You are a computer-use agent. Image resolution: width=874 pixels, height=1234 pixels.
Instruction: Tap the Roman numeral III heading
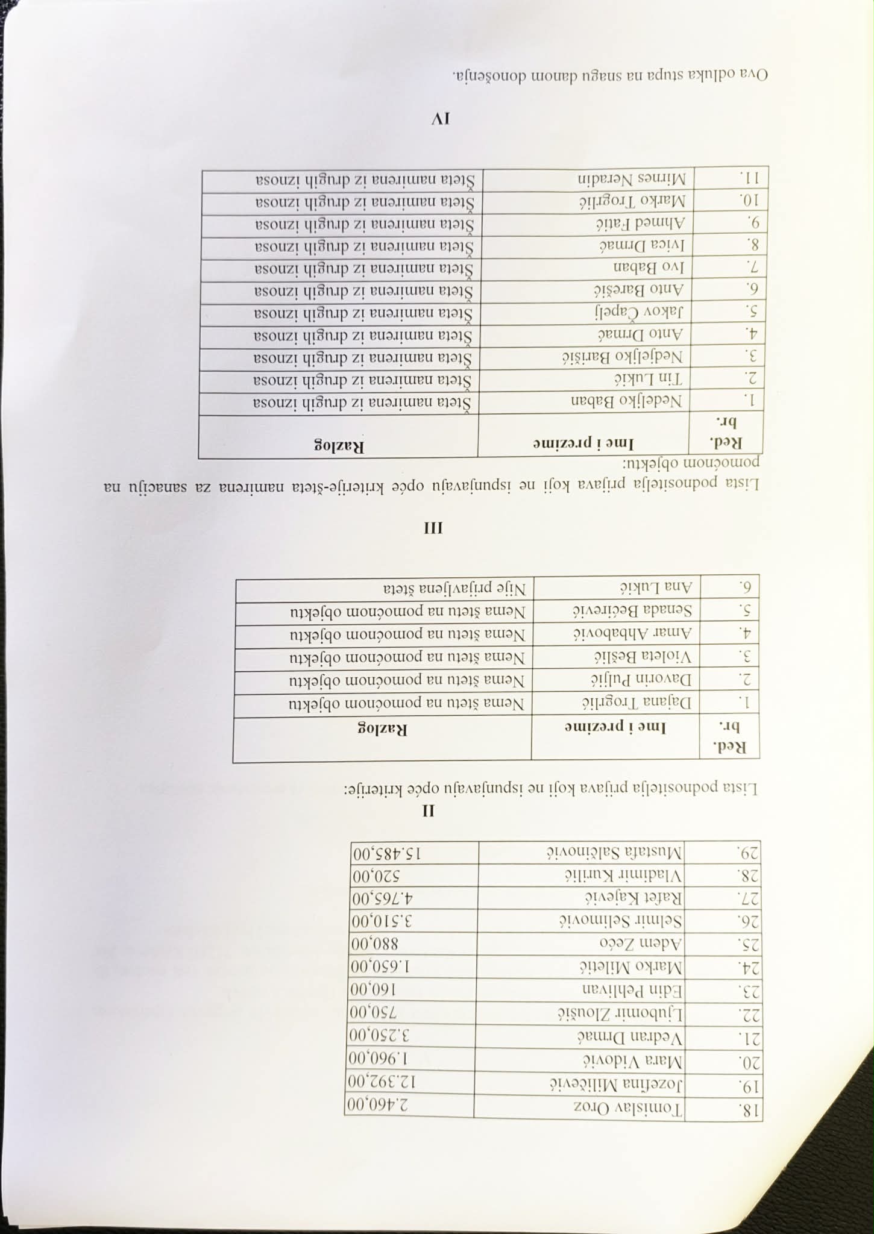(x=434, y=528)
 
